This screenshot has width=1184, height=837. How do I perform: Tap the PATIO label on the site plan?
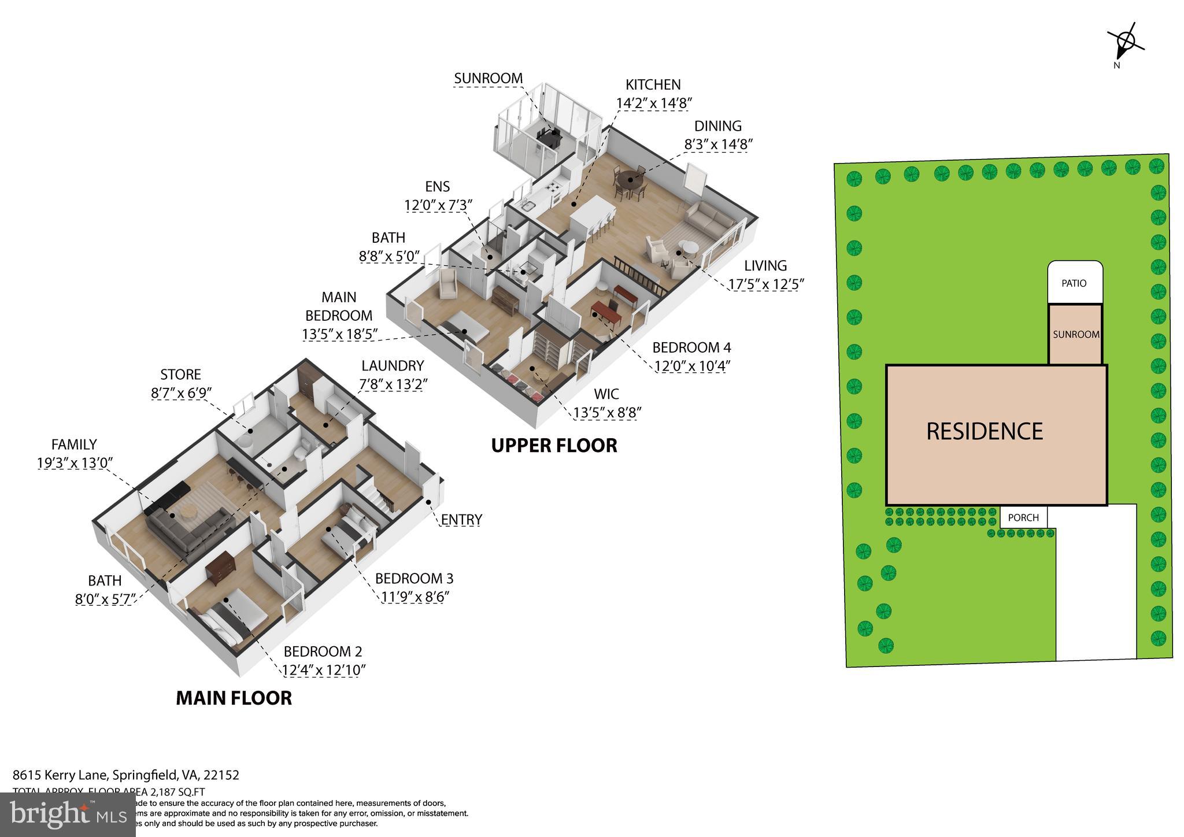tap(1074, 283)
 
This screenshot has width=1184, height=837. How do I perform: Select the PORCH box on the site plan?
tap(1023, 517)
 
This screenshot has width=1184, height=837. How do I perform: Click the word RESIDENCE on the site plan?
tap(985, 431)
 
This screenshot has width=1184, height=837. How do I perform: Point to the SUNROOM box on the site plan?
tap(1075, 335)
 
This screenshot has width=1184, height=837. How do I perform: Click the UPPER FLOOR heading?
tap(554, 446)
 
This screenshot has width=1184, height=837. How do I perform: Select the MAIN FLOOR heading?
tap(234, 698)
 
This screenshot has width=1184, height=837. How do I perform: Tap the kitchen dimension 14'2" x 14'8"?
tap(654, 103)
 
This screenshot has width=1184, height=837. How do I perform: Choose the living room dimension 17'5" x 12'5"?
tap(765, 284)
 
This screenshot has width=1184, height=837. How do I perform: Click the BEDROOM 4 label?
tap(691, 347)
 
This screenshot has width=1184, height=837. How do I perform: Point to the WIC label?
tap(606, 394)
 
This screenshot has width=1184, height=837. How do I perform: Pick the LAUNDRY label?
tap(393, 365)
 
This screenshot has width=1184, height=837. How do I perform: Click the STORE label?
tap(180, 375)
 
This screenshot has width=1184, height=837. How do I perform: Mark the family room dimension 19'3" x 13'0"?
tap(74, 462)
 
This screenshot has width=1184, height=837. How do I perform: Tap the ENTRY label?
tap(461, 520)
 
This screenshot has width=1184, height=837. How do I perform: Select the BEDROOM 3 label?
tap(414, 578)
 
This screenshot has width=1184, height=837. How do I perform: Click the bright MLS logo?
tap(68, 814)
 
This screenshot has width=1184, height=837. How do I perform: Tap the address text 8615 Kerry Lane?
tap(61, 775)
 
